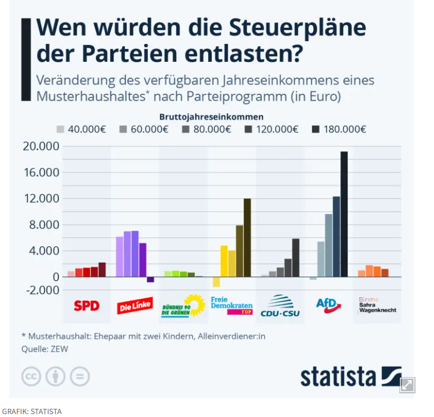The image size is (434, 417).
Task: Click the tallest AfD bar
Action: (344, 214)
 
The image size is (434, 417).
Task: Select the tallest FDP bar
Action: (247, 238)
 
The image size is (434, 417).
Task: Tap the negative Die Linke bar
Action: (150, 279)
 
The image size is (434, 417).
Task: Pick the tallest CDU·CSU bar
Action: (296, 257)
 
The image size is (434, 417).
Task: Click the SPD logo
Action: (87, 305)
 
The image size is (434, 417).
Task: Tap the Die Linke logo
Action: (135, 306)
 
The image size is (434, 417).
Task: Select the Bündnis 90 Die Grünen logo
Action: (183, 305)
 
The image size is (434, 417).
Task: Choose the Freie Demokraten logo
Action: (232, 305)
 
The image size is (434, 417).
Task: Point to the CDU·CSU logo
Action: (280, 305)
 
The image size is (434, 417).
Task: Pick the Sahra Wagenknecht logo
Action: (377, 305)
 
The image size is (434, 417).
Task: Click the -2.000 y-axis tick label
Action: (41, 290)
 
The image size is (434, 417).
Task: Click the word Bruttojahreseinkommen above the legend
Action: (212, 116)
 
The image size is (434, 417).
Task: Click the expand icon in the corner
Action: (407, 385)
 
